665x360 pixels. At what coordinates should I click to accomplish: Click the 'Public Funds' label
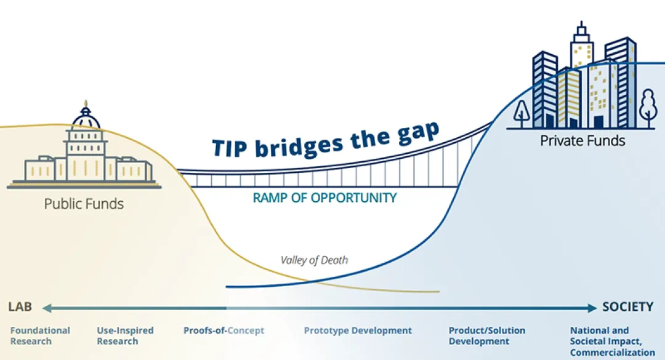point(84,204)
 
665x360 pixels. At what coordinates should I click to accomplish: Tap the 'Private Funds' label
point(582,141)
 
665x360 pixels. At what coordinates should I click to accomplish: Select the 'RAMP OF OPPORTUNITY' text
point(325,198)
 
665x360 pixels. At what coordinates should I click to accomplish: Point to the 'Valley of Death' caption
point(314,260)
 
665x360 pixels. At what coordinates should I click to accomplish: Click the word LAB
point(20,306)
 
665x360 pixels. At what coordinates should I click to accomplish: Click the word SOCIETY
point(627,306)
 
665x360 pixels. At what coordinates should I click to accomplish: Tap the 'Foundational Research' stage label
point(40,336)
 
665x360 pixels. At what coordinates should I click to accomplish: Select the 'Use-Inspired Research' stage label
point(125,336)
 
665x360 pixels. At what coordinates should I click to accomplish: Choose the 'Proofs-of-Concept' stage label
point(224,330)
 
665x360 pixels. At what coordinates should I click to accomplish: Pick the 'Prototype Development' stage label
point(358,330)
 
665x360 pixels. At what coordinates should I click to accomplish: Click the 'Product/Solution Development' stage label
point(487,336)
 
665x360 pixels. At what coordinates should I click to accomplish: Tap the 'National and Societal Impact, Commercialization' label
point(613,342)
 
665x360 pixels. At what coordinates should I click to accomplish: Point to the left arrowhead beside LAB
point(47,308)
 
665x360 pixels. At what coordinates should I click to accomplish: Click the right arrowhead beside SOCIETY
point(592,308)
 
